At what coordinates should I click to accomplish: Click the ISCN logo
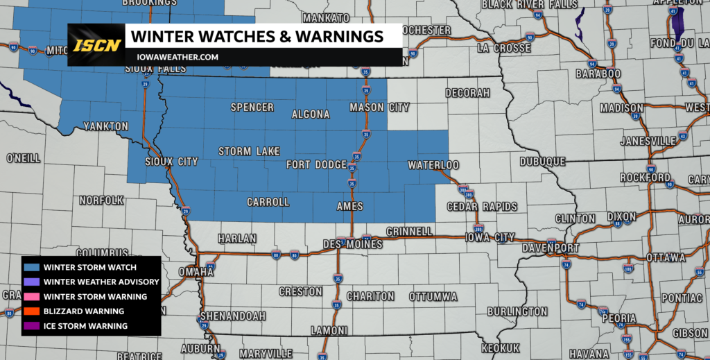click(96, 46)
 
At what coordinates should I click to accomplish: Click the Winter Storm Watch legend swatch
click(32, 268)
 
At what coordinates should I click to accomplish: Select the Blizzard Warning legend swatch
click(32, 311)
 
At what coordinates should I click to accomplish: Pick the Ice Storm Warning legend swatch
click(32, 326)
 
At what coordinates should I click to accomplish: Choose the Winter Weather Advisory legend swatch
click(32, 282)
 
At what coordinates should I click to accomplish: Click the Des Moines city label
click(354, 245)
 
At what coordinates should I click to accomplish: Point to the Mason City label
click(379, 108)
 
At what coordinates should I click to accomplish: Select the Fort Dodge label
click(317, 165)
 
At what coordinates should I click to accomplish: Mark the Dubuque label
click(542, 162)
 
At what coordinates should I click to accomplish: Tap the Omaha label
click(196, 271)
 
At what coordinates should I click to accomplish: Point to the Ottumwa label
click(433, 296)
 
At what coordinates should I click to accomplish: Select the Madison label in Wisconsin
click(622, 108)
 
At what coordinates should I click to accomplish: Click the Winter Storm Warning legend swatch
click(32, 297)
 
